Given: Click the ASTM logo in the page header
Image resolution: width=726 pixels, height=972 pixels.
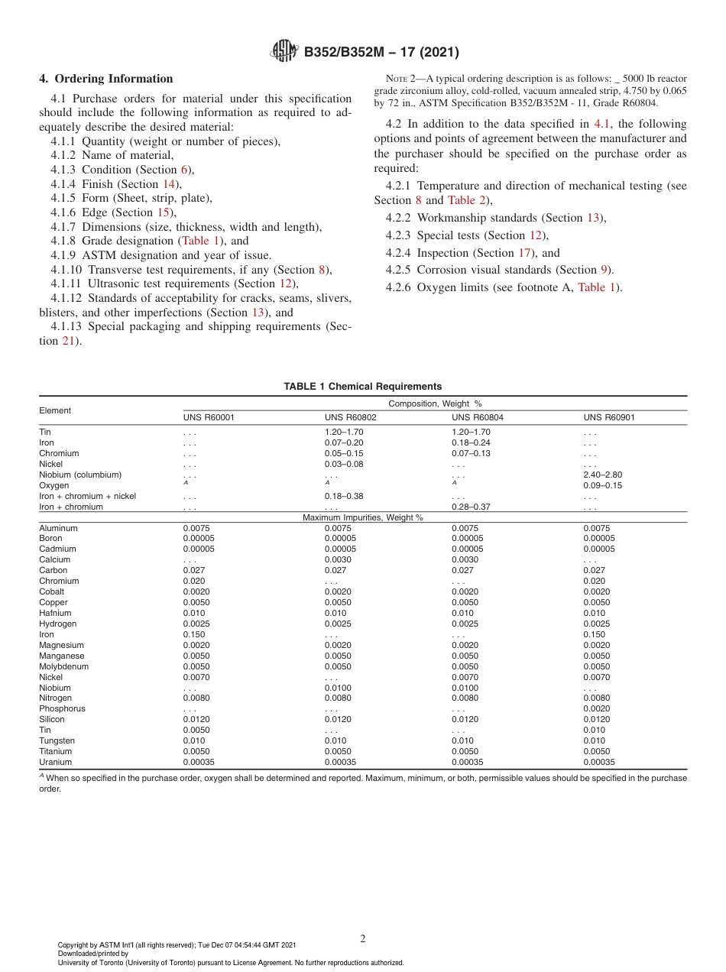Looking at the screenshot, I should coord(285,52).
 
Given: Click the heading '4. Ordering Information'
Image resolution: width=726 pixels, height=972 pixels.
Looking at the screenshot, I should coord(106,79).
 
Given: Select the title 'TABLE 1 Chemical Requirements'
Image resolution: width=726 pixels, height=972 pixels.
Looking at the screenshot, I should coord(362,387).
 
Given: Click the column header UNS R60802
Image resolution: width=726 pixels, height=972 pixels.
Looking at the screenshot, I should coord(350,418).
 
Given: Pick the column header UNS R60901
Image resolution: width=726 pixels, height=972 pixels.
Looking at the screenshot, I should coord(609,418).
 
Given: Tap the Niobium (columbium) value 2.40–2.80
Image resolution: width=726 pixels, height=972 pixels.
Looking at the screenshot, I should coord(602,475).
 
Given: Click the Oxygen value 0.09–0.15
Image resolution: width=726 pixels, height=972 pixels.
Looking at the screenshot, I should coord(602,485).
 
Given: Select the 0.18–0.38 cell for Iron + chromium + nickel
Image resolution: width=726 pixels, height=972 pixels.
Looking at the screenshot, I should coord(344,496).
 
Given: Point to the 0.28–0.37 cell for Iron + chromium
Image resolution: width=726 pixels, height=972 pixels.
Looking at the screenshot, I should coord(471,507).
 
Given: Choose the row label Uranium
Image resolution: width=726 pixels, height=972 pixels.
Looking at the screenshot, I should coord(55,762).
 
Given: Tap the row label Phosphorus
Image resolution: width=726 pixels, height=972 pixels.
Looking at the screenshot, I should coord(62,708).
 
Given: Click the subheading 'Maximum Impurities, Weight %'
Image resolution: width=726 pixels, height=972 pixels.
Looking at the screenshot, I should coord(362,518).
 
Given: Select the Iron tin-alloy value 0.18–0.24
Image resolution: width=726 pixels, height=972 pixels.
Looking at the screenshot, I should coord(471,442).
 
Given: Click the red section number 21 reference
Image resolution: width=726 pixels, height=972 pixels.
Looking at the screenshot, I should coord(68,341).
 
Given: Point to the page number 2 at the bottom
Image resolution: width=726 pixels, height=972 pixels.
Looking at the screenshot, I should coord(363,939).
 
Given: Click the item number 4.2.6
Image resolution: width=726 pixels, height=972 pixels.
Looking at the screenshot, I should coord(399,287).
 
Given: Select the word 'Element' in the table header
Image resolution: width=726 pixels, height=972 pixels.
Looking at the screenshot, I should coord(55,410).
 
